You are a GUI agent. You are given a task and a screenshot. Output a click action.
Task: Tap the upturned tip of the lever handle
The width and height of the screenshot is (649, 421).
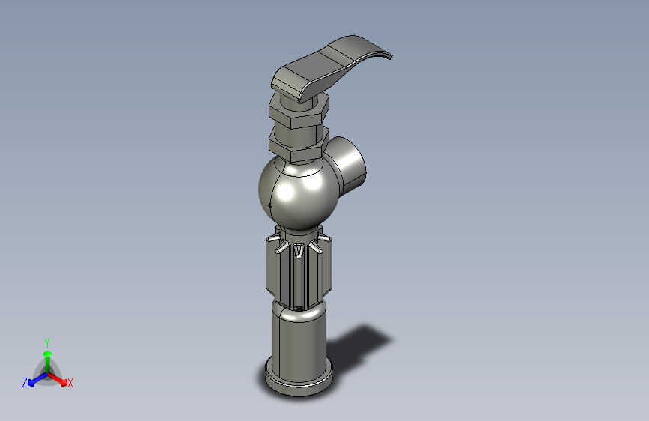coord(387,55)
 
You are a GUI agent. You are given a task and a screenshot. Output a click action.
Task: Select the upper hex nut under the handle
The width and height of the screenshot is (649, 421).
coord(299,111)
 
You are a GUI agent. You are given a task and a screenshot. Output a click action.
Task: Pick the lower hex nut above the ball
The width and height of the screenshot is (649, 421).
coord(298,145)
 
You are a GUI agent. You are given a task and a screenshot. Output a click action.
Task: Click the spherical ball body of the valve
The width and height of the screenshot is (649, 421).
coord(298,193)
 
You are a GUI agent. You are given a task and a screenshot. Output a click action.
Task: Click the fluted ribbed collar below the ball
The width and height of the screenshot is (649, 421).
coord(299,270)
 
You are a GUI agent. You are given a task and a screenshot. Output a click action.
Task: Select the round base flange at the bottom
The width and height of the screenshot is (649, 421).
coord(299,379)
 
